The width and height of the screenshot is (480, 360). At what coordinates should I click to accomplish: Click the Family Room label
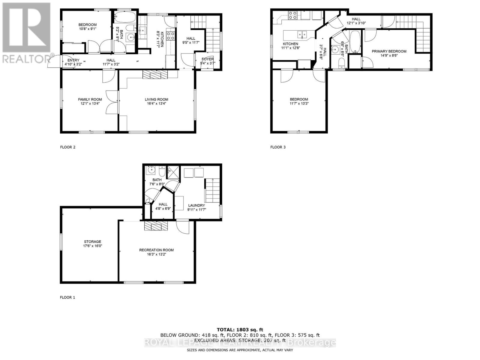90,99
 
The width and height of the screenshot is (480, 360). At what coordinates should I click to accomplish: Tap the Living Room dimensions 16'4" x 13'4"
156,103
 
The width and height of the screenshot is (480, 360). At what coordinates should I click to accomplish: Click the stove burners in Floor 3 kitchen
292,15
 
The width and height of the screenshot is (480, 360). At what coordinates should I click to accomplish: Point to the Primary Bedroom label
389,51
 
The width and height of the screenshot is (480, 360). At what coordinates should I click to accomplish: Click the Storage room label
92,241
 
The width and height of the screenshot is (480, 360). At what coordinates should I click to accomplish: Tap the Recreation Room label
156,250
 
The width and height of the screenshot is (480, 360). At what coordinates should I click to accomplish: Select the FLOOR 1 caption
67,297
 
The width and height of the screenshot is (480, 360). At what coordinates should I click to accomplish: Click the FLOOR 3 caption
278,147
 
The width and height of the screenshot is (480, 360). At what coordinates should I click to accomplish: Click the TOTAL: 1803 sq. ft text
240,330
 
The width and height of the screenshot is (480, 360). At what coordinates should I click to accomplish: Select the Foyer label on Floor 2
208,59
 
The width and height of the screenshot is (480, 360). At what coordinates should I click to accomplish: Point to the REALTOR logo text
26,58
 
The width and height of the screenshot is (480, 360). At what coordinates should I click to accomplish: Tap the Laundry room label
196,205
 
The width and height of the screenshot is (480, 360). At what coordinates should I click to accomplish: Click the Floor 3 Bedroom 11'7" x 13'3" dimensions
299,103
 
